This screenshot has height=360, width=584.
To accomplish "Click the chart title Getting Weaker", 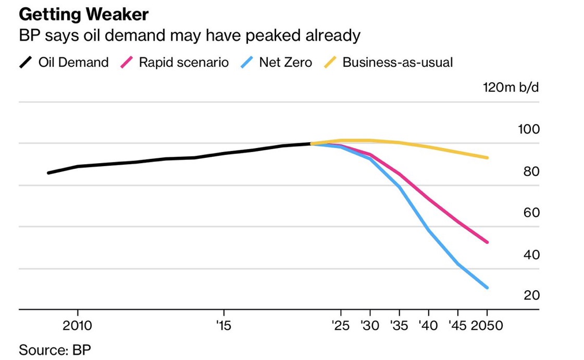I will coord(83,14).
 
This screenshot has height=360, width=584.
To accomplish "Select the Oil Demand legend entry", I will coord(73,63).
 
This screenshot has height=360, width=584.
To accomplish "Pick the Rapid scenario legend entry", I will coord(183,63).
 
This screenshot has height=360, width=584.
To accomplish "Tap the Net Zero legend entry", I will coord(285,63).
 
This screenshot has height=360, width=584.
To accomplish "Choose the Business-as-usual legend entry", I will coord(397,63).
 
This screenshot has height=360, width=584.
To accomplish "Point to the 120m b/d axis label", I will coord(511,86).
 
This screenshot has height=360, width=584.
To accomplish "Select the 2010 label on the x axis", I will coord(78,326).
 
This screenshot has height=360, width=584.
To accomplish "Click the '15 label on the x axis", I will coord(223,326).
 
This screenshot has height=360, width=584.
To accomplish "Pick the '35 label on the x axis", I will coord(400,326).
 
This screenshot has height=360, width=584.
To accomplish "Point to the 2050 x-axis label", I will coord(487,326).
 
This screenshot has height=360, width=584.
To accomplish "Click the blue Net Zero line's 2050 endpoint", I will coord(487,288).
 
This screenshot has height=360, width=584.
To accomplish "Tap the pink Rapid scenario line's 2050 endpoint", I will coord(487,242).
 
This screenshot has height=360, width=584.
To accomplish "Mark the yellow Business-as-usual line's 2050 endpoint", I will coord(487,157).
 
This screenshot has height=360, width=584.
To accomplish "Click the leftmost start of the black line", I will coord(48,172).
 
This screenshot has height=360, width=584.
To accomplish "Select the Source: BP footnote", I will coord(51,349).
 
